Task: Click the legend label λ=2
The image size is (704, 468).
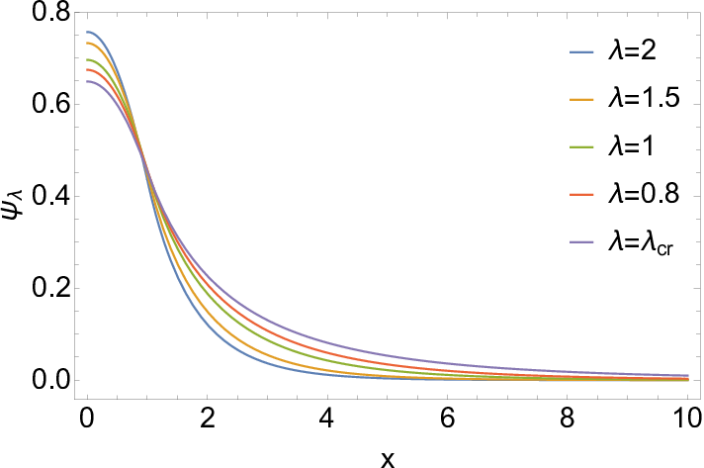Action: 632,51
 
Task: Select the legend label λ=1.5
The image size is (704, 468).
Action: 644,98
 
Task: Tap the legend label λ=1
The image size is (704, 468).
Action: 631,146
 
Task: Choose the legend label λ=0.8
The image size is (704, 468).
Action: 644,195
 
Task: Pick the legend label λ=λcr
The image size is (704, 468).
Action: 641,244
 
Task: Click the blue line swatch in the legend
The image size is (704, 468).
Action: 581,52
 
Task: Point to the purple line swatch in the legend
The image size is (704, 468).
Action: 581,242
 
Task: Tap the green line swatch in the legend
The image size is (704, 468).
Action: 581,147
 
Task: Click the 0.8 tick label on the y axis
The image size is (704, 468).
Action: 50,12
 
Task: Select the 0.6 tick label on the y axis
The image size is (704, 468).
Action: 50,104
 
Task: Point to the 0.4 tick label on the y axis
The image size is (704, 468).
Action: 50,196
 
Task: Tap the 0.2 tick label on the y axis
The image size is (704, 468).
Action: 50,288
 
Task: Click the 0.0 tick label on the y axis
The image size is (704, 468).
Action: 50,380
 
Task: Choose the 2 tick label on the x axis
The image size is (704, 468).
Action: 207,419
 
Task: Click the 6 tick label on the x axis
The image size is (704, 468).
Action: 447,419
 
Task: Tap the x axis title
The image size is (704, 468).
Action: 388,459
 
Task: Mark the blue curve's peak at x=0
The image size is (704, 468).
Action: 88,32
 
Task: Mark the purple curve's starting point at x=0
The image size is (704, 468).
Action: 88,81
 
